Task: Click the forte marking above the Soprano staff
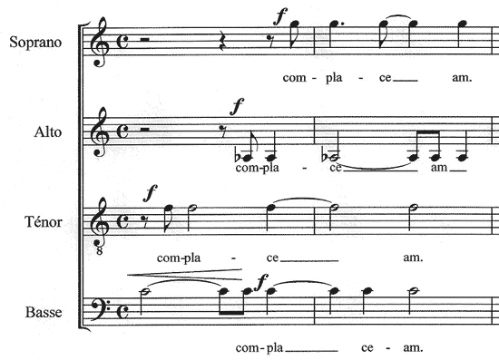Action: point(282,15)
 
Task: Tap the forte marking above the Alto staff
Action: point(238,107)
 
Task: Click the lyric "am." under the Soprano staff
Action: point(461,78)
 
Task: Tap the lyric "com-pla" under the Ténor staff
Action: point(177,258)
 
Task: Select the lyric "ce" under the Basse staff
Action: point(368,347)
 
